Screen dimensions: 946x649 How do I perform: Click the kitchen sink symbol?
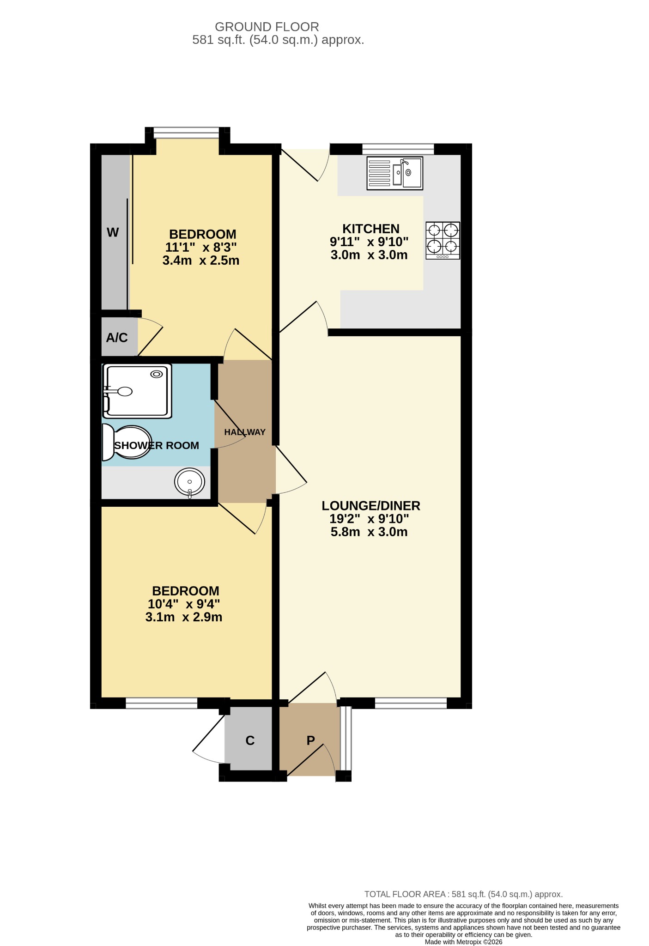[x=394, y=173]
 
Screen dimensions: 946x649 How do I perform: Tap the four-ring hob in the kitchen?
[x=443, y=240]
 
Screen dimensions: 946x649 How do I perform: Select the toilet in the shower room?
[x=127, y=442]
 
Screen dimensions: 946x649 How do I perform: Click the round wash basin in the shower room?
[x=189, y=482]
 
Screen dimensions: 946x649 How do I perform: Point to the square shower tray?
[x=137, y=391]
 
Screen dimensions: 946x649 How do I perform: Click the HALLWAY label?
[x=245, y=432]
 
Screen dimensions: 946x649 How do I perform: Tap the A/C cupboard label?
[x=117, y=338]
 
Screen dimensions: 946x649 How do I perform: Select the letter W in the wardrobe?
[x=113, y=232]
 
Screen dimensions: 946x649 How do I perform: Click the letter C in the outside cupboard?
[x=250, y=740]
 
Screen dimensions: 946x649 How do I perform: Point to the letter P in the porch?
[x=310, y=740]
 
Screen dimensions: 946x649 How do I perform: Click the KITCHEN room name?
[x=370, y=229]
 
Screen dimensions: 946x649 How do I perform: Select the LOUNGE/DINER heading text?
[x=370, y=505]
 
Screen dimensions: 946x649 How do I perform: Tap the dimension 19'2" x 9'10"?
[x=369, y=519]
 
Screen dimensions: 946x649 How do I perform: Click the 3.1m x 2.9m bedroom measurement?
[x=183, y=617]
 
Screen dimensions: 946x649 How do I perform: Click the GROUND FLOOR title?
[x=267, y=27]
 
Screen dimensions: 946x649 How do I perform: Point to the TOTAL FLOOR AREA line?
[x=463, y=894]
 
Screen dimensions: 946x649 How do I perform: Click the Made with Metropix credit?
[x=463, y=941]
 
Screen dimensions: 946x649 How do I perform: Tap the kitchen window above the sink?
[x=398, y=149]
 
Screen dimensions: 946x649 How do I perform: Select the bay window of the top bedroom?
[x=186, y=133]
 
